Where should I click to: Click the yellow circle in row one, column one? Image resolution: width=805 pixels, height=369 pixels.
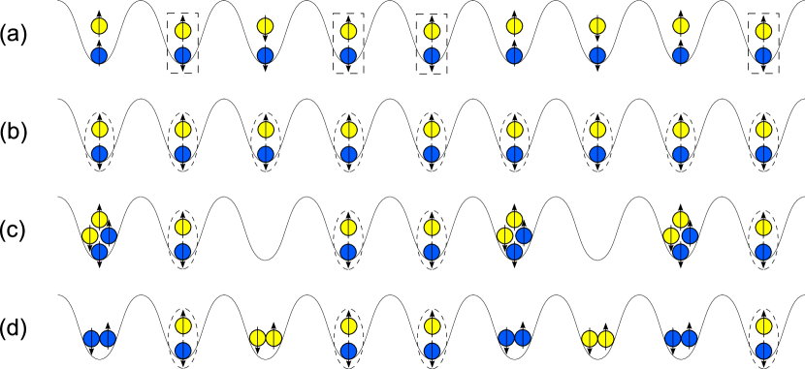click(x=99, y=26)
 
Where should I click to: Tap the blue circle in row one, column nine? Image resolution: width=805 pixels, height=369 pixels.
click(x=763, y=56)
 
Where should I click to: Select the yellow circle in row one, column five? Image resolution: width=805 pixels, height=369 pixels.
click(x=432, y=31)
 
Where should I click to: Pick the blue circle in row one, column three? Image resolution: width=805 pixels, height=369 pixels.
click(x=265, y=56)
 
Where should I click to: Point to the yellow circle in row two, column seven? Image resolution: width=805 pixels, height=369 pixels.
click(x=597, y=130)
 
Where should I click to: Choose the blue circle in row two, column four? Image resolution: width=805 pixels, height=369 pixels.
click(x=348, y=155)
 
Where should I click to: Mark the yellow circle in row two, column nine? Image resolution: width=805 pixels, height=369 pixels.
click(x=763, y=130)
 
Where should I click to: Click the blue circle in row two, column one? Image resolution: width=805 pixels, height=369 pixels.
click(x=99, y=154)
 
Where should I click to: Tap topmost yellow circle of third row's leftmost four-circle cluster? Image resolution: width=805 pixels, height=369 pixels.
click(x=99, y=220)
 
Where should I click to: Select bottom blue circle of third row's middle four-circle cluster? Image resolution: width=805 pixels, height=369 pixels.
click(x=514, y=252)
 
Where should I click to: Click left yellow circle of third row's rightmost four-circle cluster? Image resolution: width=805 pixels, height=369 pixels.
click(x=671, y=236)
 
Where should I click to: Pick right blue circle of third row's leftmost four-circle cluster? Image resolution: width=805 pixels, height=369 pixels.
click(x=109, y=236)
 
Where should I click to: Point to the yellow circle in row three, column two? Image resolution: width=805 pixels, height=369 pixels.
click(x=182, y=228)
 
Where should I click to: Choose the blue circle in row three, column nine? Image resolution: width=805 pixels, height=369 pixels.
click(x=763, y=253)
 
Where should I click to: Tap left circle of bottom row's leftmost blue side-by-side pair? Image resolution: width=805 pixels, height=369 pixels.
click(x=91, y=339)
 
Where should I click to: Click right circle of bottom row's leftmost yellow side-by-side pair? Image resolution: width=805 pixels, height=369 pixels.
click(x=274, y=338)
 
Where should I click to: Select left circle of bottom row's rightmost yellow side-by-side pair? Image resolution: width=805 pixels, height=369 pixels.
click(x=590, y=339)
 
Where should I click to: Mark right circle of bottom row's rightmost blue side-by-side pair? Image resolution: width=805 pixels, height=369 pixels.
click(x=689, y=339)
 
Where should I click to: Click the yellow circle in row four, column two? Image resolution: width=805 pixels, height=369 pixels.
click(x=182, y=326)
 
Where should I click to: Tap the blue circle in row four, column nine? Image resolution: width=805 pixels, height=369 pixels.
click(x=763, y=352)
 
